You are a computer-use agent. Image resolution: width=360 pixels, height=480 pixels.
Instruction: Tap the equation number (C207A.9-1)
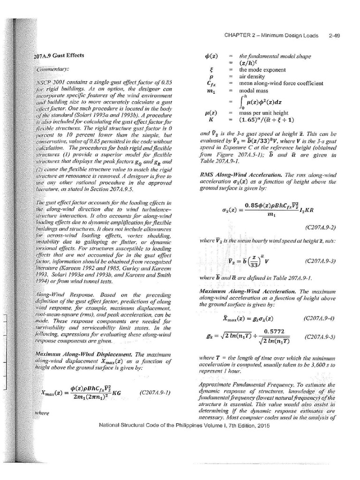[x=155, y=391]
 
